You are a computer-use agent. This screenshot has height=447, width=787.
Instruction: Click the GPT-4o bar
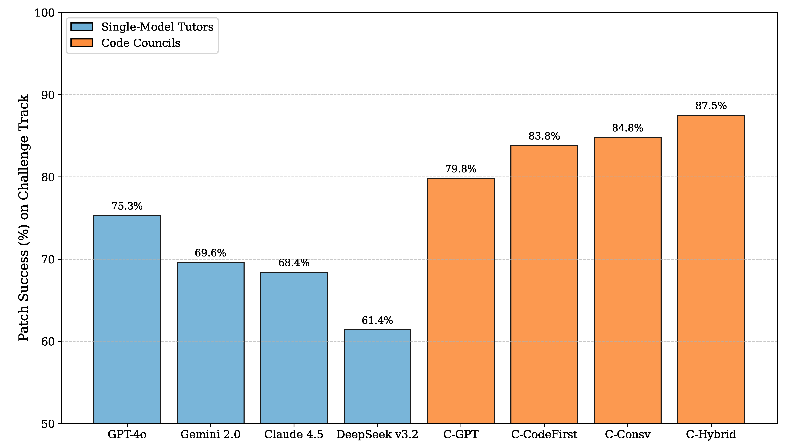[127, 319]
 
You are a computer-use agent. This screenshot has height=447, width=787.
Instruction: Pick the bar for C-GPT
[461, 301]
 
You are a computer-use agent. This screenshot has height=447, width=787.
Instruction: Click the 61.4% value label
[377, 320]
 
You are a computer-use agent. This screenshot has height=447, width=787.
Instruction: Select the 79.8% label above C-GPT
[461, 169]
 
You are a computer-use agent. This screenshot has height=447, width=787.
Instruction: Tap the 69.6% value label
[210, 253]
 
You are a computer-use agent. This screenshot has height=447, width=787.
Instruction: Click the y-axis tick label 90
[48, 95]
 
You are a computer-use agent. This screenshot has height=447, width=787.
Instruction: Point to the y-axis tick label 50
[48, 424]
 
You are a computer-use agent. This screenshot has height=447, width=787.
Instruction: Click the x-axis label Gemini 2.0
[210, 434]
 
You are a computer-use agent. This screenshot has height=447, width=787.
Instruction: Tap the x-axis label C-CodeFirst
[544, 434]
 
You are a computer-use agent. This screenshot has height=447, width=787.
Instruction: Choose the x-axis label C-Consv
[627, 434]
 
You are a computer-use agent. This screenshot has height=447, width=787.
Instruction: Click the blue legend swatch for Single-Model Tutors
[82, 27]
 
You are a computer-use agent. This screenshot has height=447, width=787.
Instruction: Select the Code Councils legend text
[141, 43]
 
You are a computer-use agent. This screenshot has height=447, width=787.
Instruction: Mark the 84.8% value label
[627, 128]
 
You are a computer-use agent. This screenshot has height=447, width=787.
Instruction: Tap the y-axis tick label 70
[48, 259]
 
